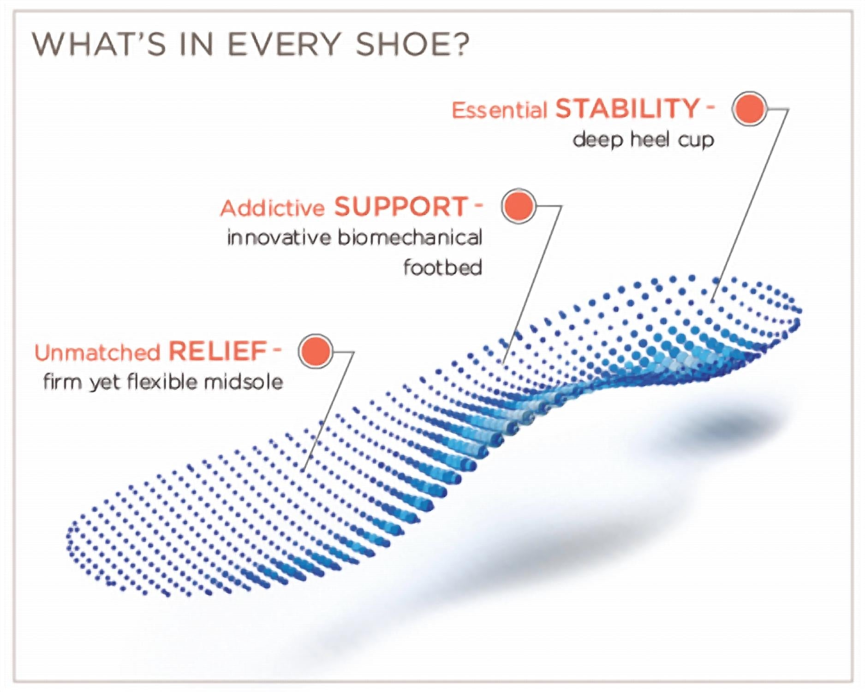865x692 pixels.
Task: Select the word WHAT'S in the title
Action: (99, 44)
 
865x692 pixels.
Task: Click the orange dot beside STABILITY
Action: (750, 108)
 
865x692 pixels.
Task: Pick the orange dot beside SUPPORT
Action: (519, 206)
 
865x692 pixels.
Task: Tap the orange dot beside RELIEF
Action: (316, 351)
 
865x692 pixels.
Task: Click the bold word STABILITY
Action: (628, 109)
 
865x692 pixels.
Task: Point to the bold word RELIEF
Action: (218, 352)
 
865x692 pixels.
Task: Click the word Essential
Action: (499, 111)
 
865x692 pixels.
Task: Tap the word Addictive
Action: (273, 208)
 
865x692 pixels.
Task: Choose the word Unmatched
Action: (97, 353)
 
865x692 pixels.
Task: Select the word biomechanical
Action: (410, 238)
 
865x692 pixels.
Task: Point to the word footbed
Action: (443, 267)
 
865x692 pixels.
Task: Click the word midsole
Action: (243, 382)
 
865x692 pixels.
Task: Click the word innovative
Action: (279, 238)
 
